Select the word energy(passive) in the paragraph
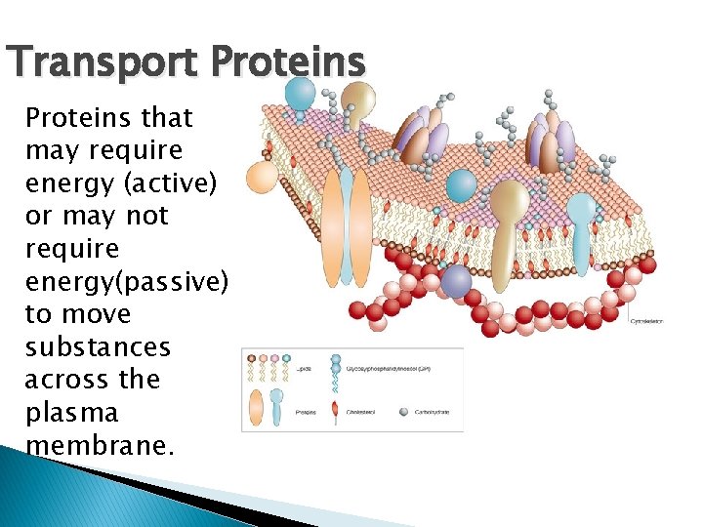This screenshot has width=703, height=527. (127, 282)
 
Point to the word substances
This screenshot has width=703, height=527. (98, 347)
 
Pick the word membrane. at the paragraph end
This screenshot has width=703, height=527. (101, 446)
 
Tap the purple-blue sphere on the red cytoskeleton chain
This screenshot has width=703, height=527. (456, 281)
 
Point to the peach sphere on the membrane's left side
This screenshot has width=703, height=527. (262, 178)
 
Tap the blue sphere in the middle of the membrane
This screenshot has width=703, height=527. (461, 185)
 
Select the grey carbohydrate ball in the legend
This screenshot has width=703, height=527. (403, 412)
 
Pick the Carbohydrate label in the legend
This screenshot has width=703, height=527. (432, 413)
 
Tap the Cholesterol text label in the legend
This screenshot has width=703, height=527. (364, 413)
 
